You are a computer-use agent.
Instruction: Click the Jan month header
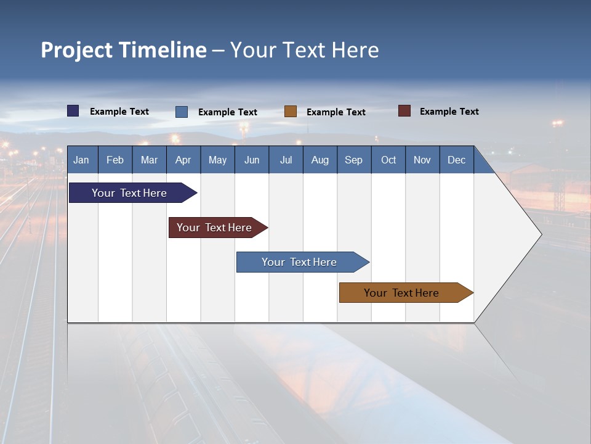[x=81, y=160]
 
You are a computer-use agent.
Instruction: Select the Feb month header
[x=115, y=160]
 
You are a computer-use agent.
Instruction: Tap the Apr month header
[x=183, y=160]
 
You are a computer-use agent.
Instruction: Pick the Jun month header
[x=252, y=160]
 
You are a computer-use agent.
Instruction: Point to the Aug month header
[x=320, y=160]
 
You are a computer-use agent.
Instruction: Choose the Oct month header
[x=388, y=160]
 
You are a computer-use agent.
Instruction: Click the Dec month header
[x=456, y=160]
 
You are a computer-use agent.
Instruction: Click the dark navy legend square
[x=73, y=111]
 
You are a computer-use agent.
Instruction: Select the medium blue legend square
[x=182, y=112]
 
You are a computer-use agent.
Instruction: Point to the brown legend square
[x=291, y=112]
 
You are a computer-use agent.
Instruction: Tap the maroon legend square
[x=404, y=111]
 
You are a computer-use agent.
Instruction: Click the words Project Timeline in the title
[x=124, y=50]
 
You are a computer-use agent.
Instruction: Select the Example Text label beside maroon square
[x=449, y=112]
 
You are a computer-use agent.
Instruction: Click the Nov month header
[x=422, y=160]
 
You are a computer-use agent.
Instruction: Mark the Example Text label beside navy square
[x=119, y=112]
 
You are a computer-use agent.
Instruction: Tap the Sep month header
[x=353, y=160]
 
